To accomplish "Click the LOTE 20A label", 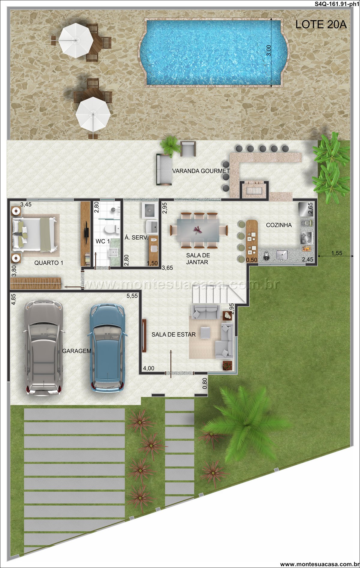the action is click(321, 25).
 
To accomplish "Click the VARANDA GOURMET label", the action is click(201, 171).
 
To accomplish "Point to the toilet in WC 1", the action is click(110, 229).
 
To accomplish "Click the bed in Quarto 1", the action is click(34, 234).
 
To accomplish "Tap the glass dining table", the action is click(198, 230).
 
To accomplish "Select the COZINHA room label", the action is click(279, 225).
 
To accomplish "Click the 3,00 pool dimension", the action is click(269, 50).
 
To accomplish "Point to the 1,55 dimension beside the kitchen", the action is click(337, 253).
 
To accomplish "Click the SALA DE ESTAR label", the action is click(173, 334).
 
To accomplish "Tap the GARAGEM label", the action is click(76, 351).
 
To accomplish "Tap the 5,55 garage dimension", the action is click(132, 296).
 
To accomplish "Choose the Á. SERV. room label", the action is click(136, 237).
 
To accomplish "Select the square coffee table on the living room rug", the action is click(206, 332).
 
